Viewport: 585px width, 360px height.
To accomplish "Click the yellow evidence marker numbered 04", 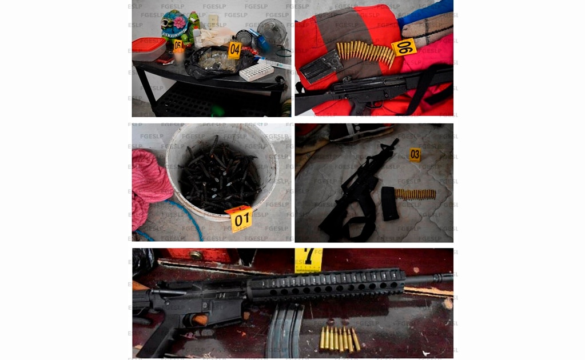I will pyautogui.click(x=234, y=50).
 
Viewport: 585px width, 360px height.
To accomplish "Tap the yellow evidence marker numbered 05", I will pyautogui.click(x=178, y=44).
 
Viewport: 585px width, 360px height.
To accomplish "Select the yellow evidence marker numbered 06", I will pyautogui.click(x=404, y=47).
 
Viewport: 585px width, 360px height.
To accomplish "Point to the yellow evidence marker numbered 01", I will pyautogui.click(x=241, y=218).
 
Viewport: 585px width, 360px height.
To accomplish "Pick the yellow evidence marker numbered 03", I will pyautogui.click(x=415, y=154).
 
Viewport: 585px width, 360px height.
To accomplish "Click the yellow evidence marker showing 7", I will pyautogui.click(x=308, y=259).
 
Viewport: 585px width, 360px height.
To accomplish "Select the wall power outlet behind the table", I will pyautogui.click(x=213, y=21).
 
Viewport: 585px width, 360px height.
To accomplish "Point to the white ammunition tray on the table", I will pyautogui.click(x=257, y=71).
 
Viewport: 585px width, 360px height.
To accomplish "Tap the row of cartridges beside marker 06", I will pyautogui.click(x=365, y=53).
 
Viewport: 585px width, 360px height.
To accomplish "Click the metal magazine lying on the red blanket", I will pyautogui.click(x=320, y=66).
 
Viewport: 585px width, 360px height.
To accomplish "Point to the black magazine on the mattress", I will pyautogui.click(x=389, y=203).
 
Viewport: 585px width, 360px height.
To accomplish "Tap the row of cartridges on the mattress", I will pyautogui.click(x=415, y=194).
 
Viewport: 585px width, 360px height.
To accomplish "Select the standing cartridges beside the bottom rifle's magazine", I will pyautogui.click(x=340, y=338).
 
